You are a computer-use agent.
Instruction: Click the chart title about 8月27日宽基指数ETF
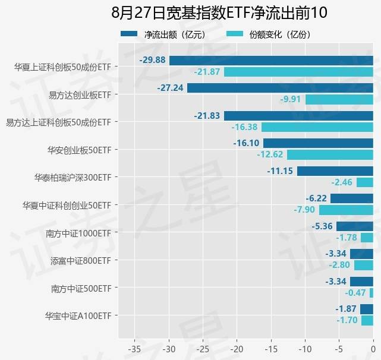(x=219, y=13)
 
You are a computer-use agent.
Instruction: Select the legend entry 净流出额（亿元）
(x=163, y=34)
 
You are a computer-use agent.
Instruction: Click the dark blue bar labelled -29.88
(x=271, y=61)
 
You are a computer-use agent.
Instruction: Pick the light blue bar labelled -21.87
(x=298, y=72)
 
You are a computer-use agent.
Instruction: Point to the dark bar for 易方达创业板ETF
(x=280, y=88)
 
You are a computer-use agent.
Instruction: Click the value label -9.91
(x=291, y=99)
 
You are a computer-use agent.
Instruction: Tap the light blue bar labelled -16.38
(x=317, y=127)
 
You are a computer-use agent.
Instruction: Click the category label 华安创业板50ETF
(x=79, y=149)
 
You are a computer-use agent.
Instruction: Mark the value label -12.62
(x=270, y=154)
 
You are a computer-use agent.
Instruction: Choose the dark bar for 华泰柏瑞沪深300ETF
(x=335, y=171)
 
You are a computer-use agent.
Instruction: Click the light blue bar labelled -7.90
(x=346, y=210)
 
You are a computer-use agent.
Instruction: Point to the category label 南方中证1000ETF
(x=78, y=233)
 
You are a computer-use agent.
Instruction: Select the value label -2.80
(x=339, y=265)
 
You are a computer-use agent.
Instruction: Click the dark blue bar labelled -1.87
(x=367, y=309)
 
